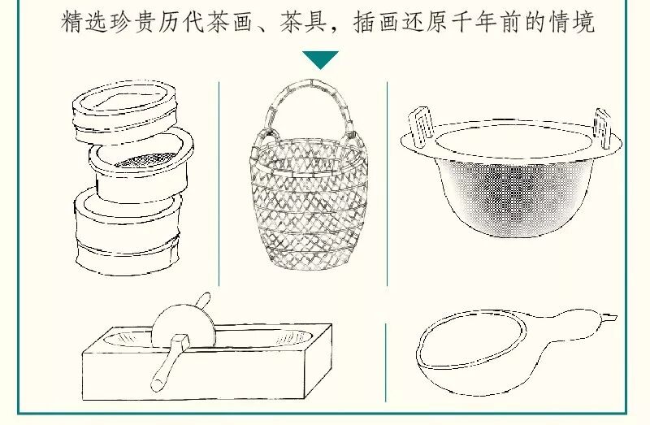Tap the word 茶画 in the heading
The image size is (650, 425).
point(232,22)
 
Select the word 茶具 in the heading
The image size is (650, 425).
point(305,22)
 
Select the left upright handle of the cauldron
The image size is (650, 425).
point(420,127)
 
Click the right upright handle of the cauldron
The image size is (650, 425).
point(602,128)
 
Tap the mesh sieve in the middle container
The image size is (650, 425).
point(145,159)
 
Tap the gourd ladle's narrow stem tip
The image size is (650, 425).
point(612,319)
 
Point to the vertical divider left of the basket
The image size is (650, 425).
point(219,184)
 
